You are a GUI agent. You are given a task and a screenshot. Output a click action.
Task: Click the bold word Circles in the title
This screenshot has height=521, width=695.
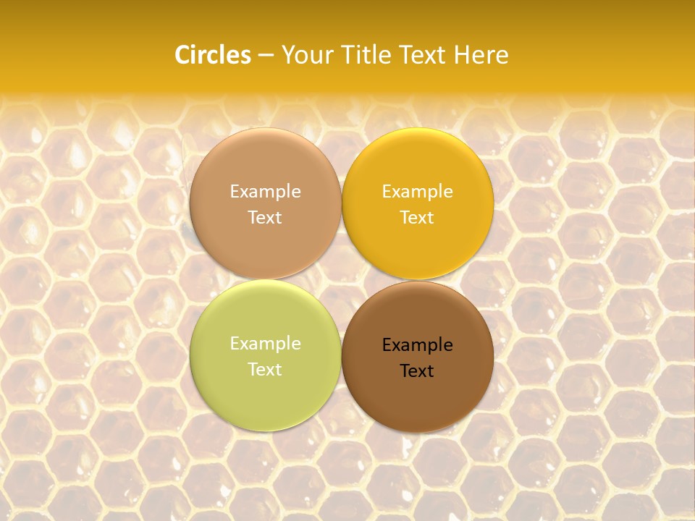[x=213, y=55]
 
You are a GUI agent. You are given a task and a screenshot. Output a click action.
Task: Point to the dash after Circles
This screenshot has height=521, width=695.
[x=266, y=56]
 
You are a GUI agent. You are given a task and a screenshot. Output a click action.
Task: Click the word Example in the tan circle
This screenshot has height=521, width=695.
[x=265, y=192]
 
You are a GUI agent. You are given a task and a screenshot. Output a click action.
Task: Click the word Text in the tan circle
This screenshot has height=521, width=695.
[x=265, y=218]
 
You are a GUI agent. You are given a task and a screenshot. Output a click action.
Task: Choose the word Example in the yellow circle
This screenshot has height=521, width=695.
[x=417, y=192]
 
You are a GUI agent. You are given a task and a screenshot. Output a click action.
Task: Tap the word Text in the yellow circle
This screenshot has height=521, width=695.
[x=417, y=218]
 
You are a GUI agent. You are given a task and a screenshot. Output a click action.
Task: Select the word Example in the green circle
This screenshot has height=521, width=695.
[x=265, y=344]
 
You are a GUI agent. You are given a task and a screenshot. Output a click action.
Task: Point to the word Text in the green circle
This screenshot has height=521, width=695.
[x=265, y=370]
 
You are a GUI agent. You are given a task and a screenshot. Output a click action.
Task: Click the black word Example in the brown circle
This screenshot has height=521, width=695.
[x=417, y=345]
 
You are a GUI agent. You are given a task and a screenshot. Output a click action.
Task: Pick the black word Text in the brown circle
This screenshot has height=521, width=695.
[x=417, y=371]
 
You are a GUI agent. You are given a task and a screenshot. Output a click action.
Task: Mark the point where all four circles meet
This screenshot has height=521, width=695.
[x=341, y=279]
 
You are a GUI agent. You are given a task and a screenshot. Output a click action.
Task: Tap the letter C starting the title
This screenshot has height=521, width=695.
[x=182, y=55]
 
